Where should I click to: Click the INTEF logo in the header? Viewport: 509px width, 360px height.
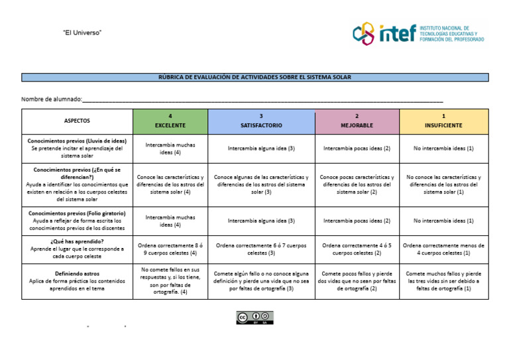point(418,33)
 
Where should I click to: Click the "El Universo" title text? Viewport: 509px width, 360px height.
point(82,32)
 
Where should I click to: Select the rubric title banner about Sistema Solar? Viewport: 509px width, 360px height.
point(254,78)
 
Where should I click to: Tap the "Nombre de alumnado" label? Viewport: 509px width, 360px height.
point(52,99)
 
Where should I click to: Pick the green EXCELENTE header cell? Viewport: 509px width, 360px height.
point(170,121)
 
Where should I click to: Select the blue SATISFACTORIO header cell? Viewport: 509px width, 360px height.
point(261,121)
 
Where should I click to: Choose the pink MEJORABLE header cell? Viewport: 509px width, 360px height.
point(357,121)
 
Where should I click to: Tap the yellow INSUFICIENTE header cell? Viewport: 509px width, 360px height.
point(443,121)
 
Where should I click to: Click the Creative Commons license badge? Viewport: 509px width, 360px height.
point(254,318)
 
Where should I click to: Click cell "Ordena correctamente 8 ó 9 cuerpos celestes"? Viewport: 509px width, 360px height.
point(170,249)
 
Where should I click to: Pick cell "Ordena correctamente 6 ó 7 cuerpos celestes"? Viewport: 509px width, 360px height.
point(261,249)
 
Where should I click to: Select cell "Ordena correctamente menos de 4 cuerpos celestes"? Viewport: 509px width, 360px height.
point(443,249)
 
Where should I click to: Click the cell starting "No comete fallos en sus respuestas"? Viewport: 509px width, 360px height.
point(170,280)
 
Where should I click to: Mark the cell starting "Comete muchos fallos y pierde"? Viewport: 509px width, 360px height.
point(443,280)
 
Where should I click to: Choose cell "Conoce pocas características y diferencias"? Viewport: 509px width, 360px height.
point(357,184)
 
